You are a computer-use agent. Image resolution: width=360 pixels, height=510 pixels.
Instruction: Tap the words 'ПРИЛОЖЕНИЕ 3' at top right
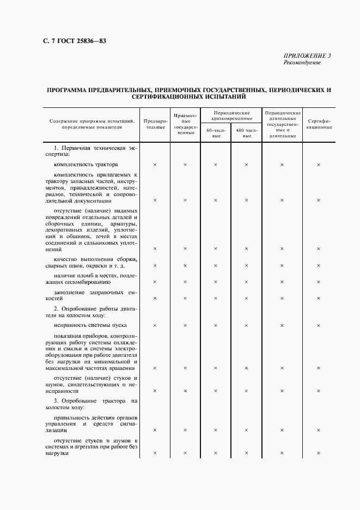(x=307, y=56)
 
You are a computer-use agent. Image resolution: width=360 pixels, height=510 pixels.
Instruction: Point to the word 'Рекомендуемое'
(x=302, y=62)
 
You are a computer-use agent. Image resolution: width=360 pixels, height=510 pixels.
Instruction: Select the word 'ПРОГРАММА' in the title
(x=69, y=89)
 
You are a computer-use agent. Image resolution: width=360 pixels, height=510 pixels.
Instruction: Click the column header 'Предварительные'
(x=155, y=124)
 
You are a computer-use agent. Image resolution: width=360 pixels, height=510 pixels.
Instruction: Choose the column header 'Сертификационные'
(x=319, y=124)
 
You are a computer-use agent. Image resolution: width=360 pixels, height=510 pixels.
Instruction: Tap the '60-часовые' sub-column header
(x=216, y=133)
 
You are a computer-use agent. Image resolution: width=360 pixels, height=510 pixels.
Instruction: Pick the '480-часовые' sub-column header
(x=246, y=133)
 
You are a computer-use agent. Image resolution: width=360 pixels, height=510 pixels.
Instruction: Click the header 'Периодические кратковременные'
(x=231, y=115)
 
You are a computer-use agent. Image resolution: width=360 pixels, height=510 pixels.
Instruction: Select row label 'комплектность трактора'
(x=86, y=164)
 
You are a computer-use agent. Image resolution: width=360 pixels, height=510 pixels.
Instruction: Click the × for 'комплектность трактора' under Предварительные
(x=155, y=164)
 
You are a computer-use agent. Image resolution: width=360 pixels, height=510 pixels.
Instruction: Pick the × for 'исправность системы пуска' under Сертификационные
(x=319, y=325)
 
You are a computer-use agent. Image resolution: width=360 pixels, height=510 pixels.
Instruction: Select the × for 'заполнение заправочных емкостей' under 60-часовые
(x=216, y=298)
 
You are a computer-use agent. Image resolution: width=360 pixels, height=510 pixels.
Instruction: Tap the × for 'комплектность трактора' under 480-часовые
(x=246, y=164)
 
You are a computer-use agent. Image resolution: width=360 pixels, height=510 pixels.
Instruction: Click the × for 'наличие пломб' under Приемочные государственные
(x=185, y=282)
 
